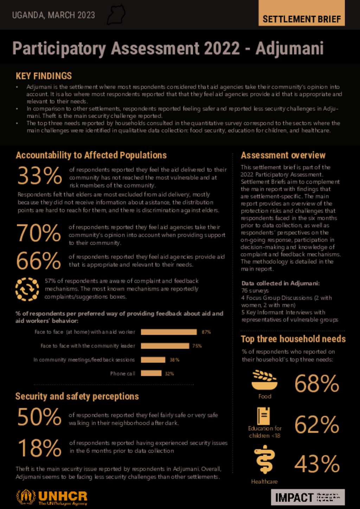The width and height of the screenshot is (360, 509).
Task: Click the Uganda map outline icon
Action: tap(116, 15)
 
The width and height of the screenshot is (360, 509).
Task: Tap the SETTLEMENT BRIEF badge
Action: tap(302, 19)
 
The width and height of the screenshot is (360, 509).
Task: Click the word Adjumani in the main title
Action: tap(289, 48)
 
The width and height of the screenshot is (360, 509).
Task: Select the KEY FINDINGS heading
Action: tap(44, 76)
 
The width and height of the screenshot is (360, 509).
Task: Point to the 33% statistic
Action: tap(40, 176)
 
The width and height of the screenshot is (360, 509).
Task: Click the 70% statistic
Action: tap(39, 233)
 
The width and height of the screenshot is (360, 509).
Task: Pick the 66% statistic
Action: tap(39, 261)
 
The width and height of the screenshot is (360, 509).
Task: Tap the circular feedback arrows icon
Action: tap(27, 289)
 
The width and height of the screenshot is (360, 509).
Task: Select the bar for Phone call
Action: tap(151, 373)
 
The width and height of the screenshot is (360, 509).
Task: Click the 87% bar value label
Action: tap(206, 332)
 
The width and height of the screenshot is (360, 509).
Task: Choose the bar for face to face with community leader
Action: tap(165, 346)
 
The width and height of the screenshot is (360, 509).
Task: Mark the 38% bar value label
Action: tap(174, 360)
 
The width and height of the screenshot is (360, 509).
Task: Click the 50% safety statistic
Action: tap(39, 417)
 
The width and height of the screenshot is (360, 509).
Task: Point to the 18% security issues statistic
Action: tap(39, 448)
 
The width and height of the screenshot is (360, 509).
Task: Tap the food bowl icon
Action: tap(264, 380)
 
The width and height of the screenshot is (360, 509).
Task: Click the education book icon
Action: tap(263, 416)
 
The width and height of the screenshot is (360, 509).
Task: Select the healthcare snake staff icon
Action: tap(264, 459)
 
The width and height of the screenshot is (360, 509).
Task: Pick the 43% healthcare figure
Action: tap(317, 464)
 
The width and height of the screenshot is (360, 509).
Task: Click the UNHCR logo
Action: tap(52, 497)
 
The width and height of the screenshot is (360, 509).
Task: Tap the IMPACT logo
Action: tap(308, 497)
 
